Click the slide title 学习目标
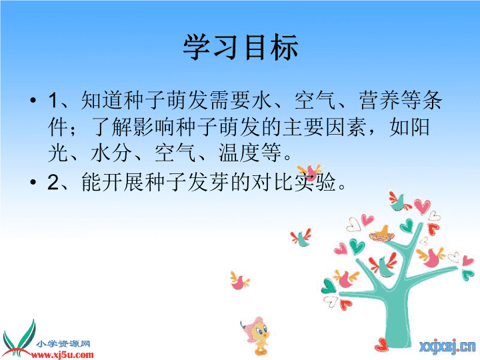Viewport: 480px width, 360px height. click(241, 47)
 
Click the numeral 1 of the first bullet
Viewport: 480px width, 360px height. click(53, 100)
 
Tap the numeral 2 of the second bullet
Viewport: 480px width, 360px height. click(53, 182)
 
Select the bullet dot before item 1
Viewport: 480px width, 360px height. click(33, 100)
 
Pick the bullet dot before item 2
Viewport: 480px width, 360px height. click(33, 182)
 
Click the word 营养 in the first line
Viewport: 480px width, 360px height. click(379, 100)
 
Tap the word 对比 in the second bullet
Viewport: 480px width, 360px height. click(272, 182)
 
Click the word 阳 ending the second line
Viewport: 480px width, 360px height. click(420, 127)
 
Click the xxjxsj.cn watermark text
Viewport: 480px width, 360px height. click(447, 347)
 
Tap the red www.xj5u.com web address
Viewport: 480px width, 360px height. click(63, 355)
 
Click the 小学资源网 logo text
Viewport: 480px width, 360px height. click(63, 344)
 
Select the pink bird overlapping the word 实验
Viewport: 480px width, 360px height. click(310, 172)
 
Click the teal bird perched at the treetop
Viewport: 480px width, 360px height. click(399, 202)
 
